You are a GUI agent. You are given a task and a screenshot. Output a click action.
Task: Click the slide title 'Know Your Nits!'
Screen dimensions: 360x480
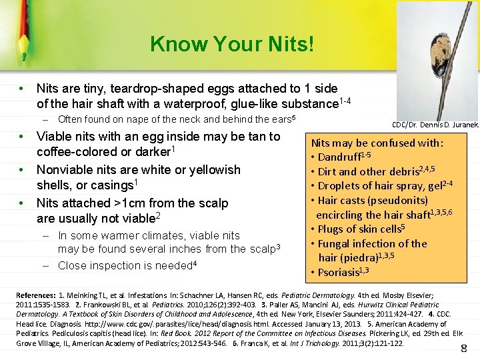(x=231, y=45)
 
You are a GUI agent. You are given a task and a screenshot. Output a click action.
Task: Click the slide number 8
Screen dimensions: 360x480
(x=464, y=348)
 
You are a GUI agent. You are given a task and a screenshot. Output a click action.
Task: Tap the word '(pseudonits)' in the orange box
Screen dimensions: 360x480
(x=397, y=200)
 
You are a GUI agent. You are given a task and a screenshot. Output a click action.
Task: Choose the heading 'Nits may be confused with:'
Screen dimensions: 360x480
(x=378, y=143)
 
